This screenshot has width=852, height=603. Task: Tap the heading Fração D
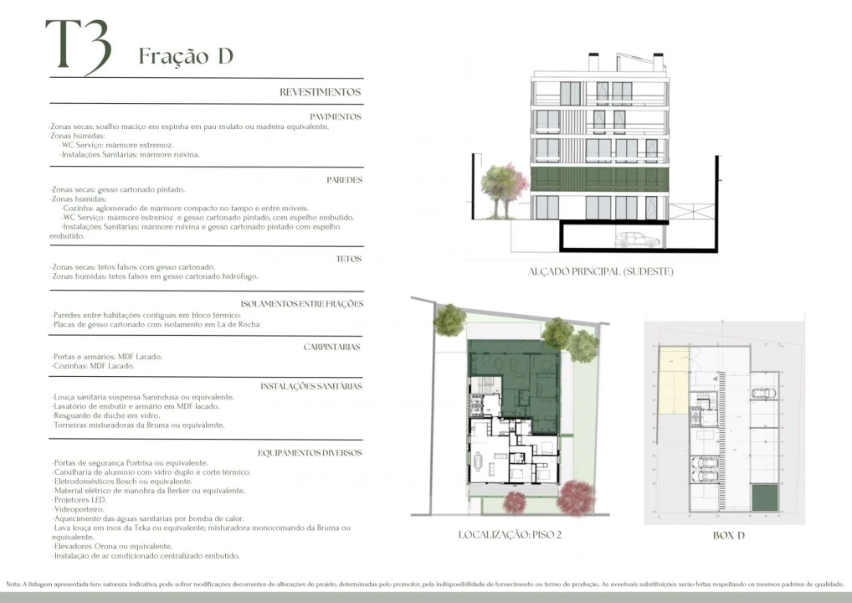point(185,56)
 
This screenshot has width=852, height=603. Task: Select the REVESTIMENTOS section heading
point(320,92)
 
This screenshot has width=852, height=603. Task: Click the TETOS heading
point(348,260)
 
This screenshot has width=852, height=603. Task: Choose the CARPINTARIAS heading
point(331,346)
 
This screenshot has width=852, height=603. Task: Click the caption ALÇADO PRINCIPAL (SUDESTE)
point(600,271)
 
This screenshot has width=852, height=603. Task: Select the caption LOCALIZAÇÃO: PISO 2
point(510,534)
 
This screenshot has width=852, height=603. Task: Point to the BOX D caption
point(728,535)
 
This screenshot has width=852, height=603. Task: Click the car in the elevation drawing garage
point(637,240)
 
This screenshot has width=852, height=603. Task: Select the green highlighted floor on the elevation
point(601,179)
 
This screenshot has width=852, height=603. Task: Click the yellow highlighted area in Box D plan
point(672,382)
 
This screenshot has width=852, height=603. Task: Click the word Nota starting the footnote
point(13,584)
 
